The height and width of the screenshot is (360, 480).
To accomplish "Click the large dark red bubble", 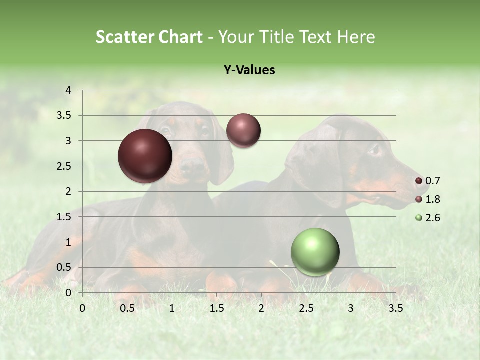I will pyautogui.click(x=145, y=156).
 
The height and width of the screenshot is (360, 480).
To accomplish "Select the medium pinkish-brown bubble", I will pyautogui.click(x=243, y=130).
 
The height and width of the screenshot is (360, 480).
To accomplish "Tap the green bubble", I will pyautogui.click(x=315, y=252).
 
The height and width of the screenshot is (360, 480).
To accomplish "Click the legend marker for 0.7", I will pyautogui.click(x=419, y=181).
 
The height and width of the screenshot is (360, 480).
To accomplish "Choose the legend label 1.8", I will pyautogui.click(x=432, y=199).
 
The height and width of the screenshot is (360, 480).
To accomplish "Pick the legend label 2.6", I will pyautogui.click(x=432, y=218).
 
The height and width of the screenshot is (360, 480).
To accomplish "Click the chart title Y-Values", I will pyautogui.click(x=249, y=70).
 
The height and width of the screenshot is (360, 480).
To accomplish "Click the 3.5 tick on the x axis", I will pyautogui.click(x=395, y=308).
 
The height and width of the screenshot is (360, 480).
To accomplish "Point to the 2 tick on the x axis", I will pyautogui.click(x=261, y=308).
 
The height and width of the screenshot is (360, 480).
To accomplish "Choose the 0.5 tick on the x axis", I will pyautogui.click(x=127, y=308).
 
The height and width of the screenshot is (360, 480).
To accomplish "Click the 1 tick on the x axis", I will pyautogui.click(x=172, y=308).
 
